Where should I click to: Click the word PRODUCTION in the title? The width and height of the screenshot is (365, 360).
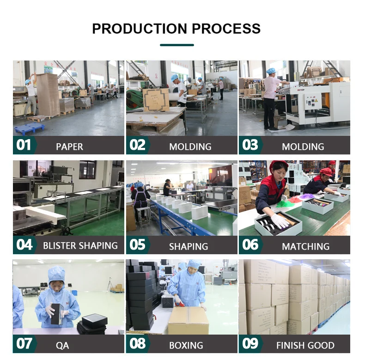coord(140,29)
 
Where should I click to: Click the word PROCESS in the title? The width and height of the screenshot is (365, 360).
coord(226,29)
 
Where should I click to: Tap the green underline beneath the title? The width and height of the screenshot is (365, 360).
coord(177,45)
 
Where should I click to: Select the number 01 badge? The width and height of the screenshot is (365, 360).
coord(24,145)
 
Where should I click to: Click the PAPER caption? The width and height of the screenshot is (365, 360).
coord(69,146)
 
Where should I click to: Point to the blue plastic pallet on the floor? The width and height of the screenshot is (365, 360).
coord(29,128)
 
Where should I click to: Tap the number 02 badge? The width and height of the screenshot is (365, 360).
coord(137,145)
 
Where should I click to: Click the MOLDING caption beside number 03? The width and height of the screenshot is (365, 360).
coord(303,146)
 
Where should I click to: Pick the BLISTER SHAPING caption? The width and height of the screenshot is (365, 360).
coord(80,246)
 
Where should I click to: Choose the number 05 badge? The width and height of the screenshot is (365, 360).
coord(137,244)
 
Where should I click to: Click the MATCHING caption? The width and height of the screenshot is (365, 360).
coord(306,246)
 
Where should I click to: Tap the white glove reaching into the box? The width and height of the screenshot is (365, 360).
coord(280,220)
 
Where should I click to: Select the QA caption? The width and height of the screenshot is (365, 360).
coord(62,345)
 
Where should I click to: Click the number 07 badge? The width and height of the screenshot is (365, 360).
coord(24,343)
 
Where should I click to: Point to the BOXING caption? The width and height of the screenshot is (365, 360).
coord(186,345)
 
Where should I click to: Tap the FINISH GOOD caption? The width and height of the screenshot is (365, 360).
coord(305,345)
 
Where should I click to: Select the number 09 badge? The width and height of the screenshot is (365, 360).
coord(250,343)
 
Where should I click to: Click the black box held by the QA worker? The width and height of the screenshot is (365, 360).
coord(57,314)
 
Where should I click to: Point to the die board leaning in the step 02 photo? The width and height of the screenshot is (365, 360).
coord(156,100)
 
